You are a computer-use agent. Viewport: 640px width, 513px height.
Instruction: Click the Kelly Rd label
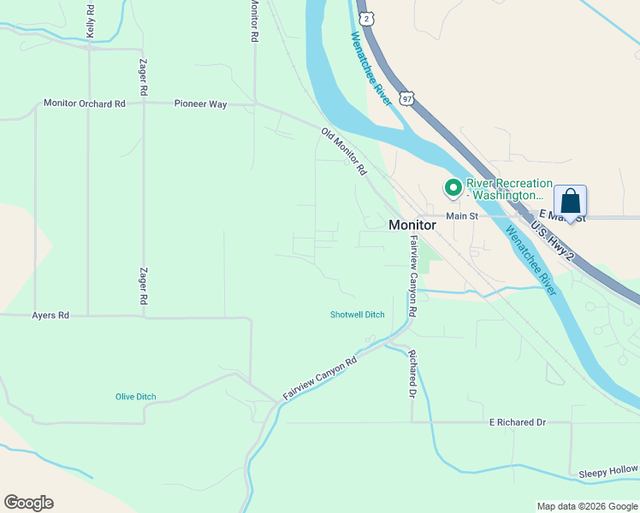coord(90,19)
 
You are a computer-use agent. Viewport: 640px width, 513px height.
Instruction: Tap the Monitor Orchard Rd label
coord(85,103)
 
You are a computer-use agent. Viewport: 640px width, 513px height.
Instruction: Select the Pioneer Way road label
coord(200,103)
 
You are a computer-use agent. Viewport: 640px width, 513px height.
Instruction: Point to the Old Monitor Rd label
coord(343,151)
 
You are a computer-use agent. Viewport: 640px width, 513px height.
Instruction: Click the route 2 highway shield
coord(366,18)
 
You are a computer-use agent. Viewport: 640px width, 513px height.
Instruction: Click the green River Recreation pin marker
coord(452,187)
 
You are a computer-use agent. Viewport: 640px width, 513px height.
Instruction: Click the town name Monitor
coord(412,225)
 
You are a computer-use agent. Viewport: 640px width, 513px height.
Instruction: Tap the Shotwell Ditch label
coord(358,315)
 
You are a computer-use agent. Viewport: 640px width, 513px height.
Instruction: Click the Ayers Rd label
coord(51,315)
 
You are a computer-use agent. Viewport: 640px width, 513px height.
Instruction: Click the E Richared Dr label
coord(517,422)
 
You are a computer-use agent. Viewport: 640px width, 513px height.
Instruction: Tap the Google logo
coord(28,503)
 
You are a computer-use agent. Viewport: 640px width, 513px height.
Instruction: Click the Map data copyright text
coord(586,506)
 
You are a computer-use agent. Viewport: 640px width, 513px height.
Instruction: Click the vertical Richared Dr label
coord(412,374)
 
